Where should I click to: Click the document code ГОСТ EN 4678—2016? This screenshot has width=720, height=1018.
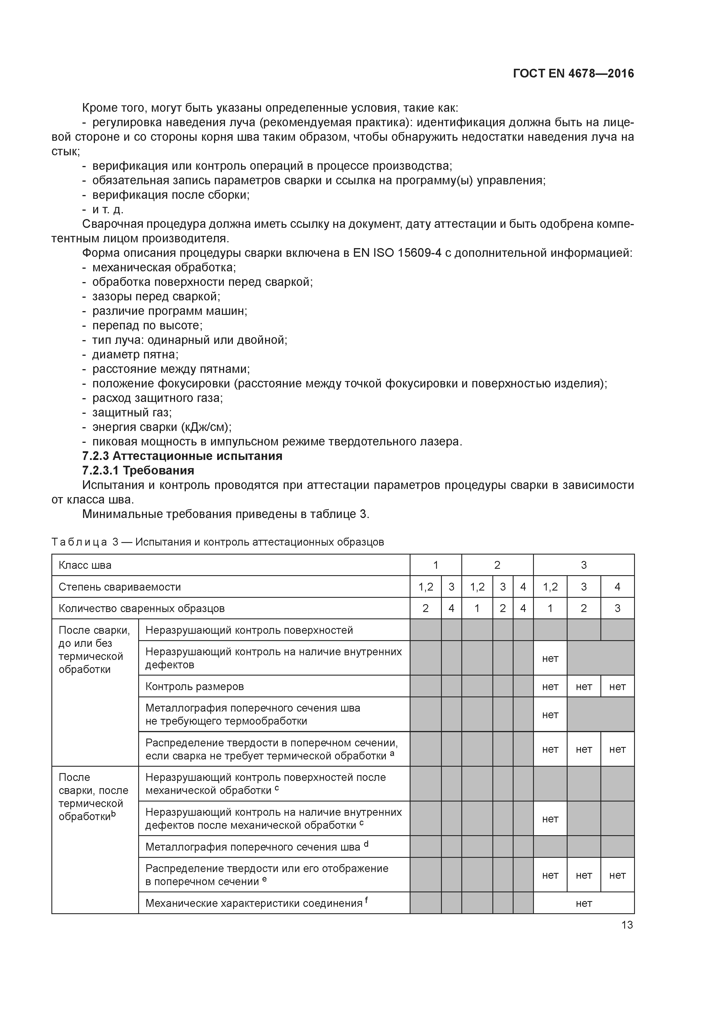[573, 74]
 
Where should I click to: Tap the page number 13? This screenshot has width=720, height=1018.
[627, 925]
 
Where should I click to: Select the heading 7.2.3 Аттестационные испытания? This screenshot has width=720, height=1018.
[182, 456]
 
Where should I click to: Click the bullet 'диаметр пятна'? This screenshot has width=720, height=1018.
[135, 354]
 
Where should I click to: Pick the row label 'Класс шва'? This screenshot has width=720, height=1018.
[85, 565]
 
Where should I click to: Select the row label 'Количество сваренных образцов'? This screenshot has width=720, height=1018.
[141, 608]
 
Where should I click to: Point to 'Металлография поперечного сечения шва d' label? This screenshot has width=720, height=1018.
[256, 847]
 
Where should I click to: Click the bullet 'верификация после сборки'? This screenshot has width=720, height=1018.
[171, 195]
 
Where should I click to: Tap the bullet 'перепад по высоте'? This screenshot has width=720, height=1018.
[147, 325]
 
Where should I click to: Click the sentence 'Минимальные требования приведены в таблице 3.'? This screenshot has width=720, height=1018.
[226, 514]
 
